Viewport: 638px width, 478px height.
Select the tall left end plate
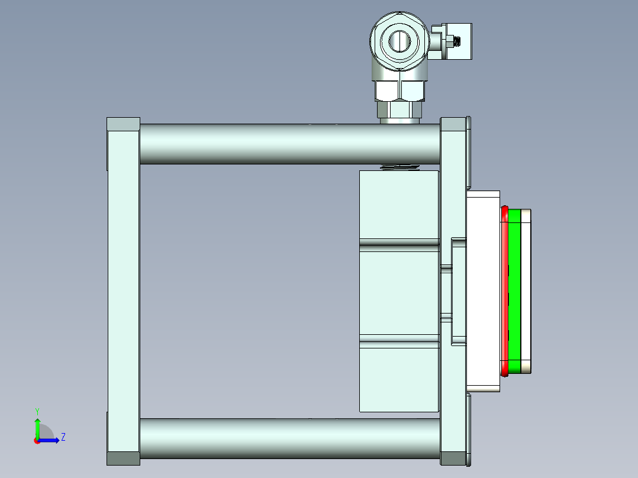pyautogui.click(x=123, y=290)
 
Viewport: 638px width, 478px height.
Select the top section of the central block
pyautogui.click(x=398, y=205)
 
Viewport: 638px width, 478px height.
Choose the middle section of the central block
pyautogui.click(x=398, y=292)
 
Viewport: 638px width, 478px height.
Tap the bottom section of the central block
pyautogui.click(x=398, y=379)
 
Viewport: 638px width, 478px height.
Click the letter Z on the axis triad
pyautogui.click(x=63, y=437)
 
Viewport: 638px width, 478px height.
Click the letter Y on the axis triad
pyautogui.click(x=37, y=411)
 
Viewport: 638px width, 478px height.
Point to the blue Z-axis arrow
pyautogui.click(x=51, y=440)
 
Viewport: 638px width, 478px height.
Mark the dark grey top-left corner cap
pyautogui.click(x=123, y=124)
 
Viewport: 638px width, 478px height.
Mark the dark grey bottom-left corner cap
pyautogui.click(x=123, y=458)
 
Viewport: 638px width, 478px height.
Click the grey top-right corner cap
pyautogui.click(x=453, y=124)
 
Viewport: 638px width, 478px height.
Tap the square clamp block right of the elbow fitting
pyautogui.click(x=460, y=41)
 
